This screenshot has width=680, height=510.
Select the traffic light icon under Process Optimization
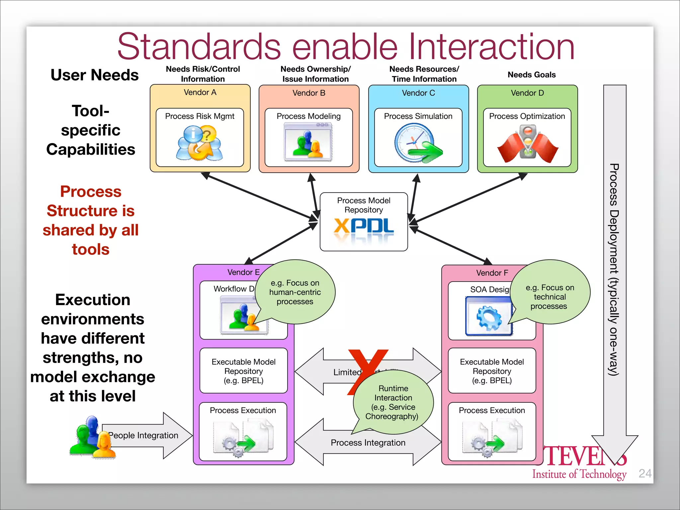click(527, 142)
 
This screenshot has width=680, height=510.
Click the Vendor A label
click(200, 92)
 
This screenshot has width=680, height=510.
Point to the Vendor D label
click(527, 93)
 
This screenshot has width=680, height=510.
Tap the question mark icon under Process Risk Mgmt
click(200, 143)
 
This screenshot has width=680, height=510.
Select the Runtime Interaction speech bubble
click(393, 402)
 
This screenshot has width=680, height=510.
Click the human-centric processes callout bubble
click(295, 292)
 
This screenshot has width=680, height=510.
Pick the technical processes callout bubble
click(550, 297)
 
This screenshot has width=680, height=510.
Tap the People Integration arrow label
click(143, 435)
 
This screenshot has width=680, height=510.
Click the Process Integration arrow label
click(368, 443)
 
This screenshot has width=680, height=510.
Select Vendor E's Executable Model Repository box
click(243, 371)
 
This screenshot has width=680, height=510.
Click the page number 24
click(645, 473)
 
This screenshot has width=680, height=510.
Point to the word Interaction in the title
click(491, 46)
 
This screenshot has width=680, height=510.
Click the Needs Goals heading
click(531, 75)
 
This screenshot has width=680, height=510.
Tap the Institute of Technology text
click(579, 474)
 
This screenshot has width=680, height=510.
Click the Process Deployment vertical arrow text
click(614, 269)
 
